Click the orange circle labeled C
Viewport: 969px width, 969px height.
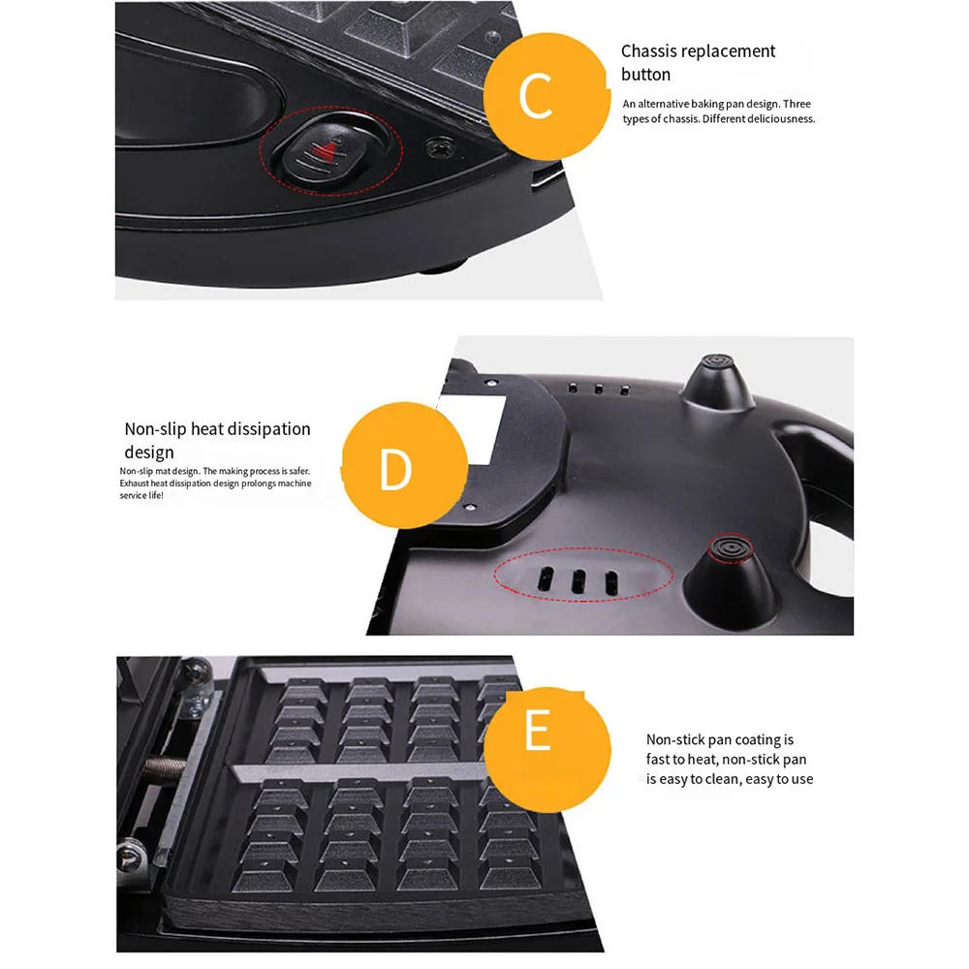pyautogui.click(x=536, y=95)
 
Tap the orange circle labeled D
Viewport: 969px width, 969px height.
pyautogui.click(x=394, y=469)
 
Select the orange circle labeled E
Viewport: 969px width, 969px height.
pyautogui.click(x=537, y=734)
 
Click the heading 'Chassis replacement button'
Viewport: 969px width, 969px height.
pyautogui.click(x=698, y=62)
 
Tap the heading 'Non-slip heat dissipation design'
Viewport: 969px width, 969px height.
pyautogui.click(x=217, y=440)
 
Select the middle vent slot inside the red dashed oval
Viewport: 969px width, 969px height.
pyautogui.click(x=579, y=581)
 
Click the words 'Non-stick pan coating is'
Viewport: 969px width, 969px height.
pyautogui.click(x=720, y=739)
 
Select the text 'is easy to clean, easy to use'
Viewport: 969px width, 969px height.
pyautogui.click(x=730, y=779)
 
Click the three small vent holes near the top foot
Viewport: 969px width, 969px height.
pyautogui.click(x=598, y=389)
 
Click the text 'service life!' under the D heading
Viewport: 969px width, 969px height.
pyautogui.click(x=141, y=495)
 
